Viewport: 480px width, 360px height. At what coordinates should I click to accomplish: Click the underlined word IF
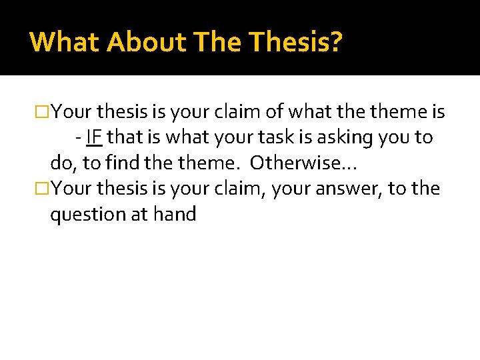(94, 137)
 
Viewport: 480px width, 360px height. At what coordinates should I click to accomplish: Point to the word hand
(174, 215)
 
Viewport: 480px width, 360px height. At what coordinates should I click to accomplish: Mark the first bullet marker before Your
(43, 111)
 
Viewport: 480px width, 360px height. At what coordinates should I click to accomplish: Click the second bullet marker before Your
(43, 189)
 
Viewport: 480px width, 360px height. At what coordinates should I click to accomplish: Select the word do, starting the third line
(63, 163)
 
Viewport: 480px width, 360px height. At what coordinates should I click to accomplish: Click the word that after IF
(123, 137)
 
